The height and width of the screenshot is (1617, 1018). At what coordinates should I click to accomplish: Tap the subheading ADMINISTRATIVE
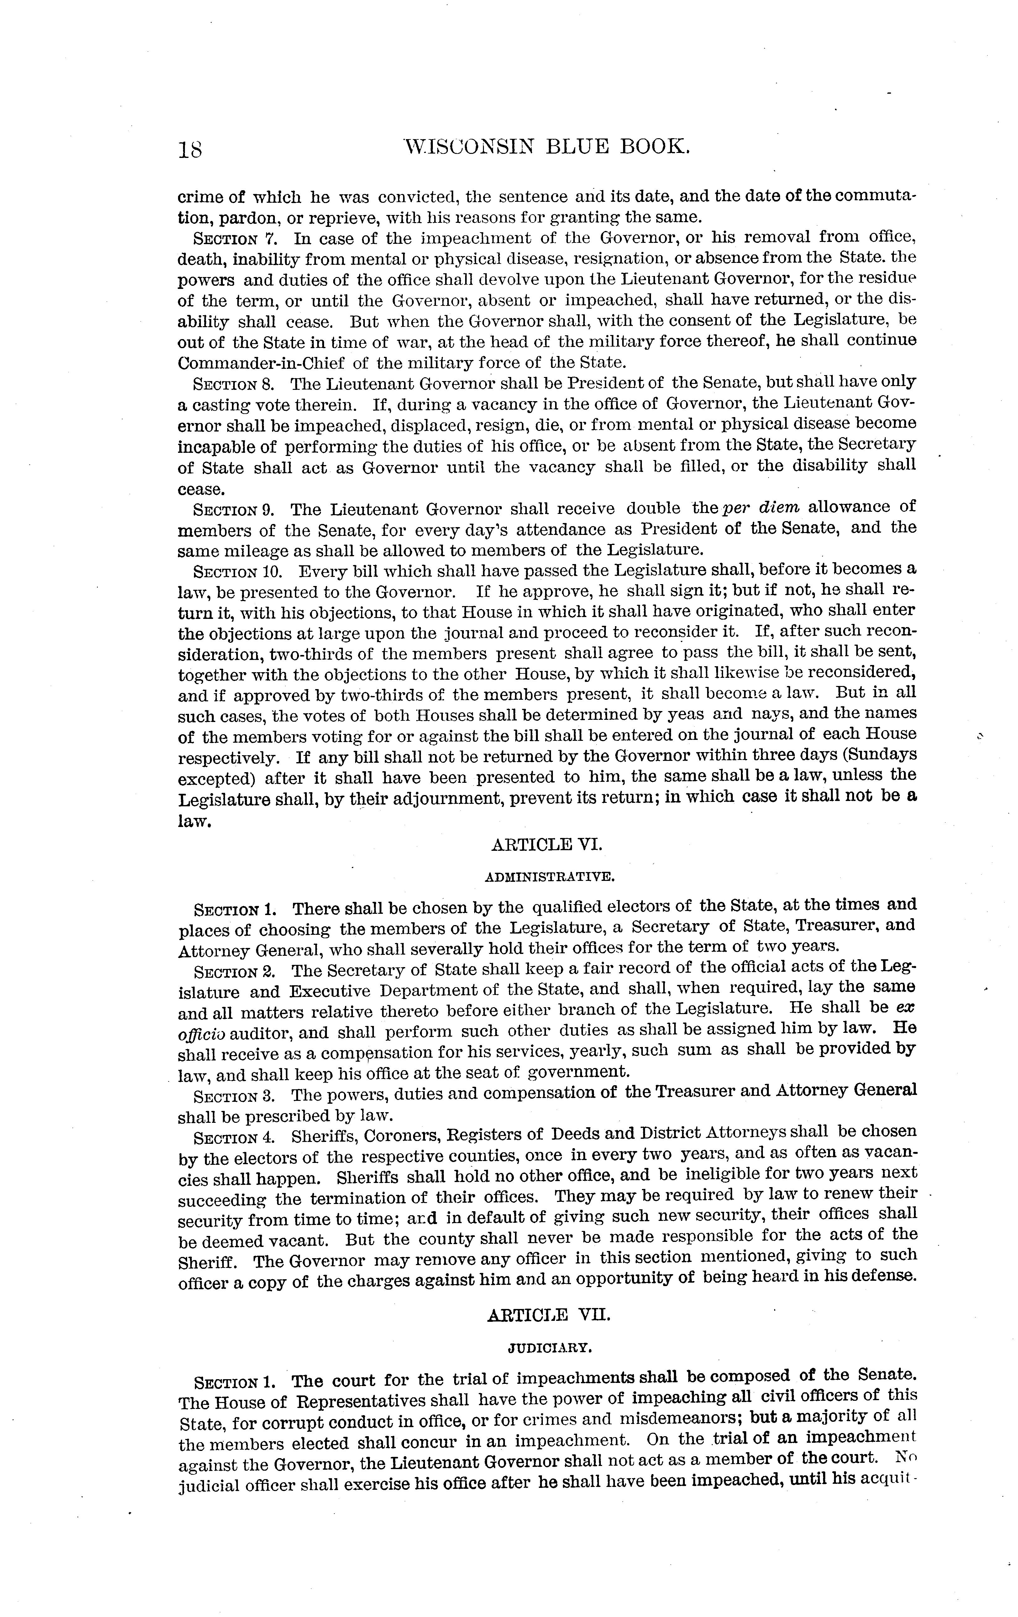547,876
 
